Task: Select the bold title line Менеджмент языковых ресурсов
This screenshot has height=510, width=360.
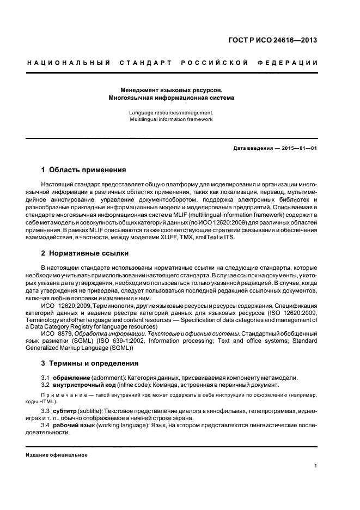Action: tap(172, 90)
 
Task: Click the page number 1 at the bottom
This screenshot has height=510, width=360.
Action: tap(316, 466)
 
